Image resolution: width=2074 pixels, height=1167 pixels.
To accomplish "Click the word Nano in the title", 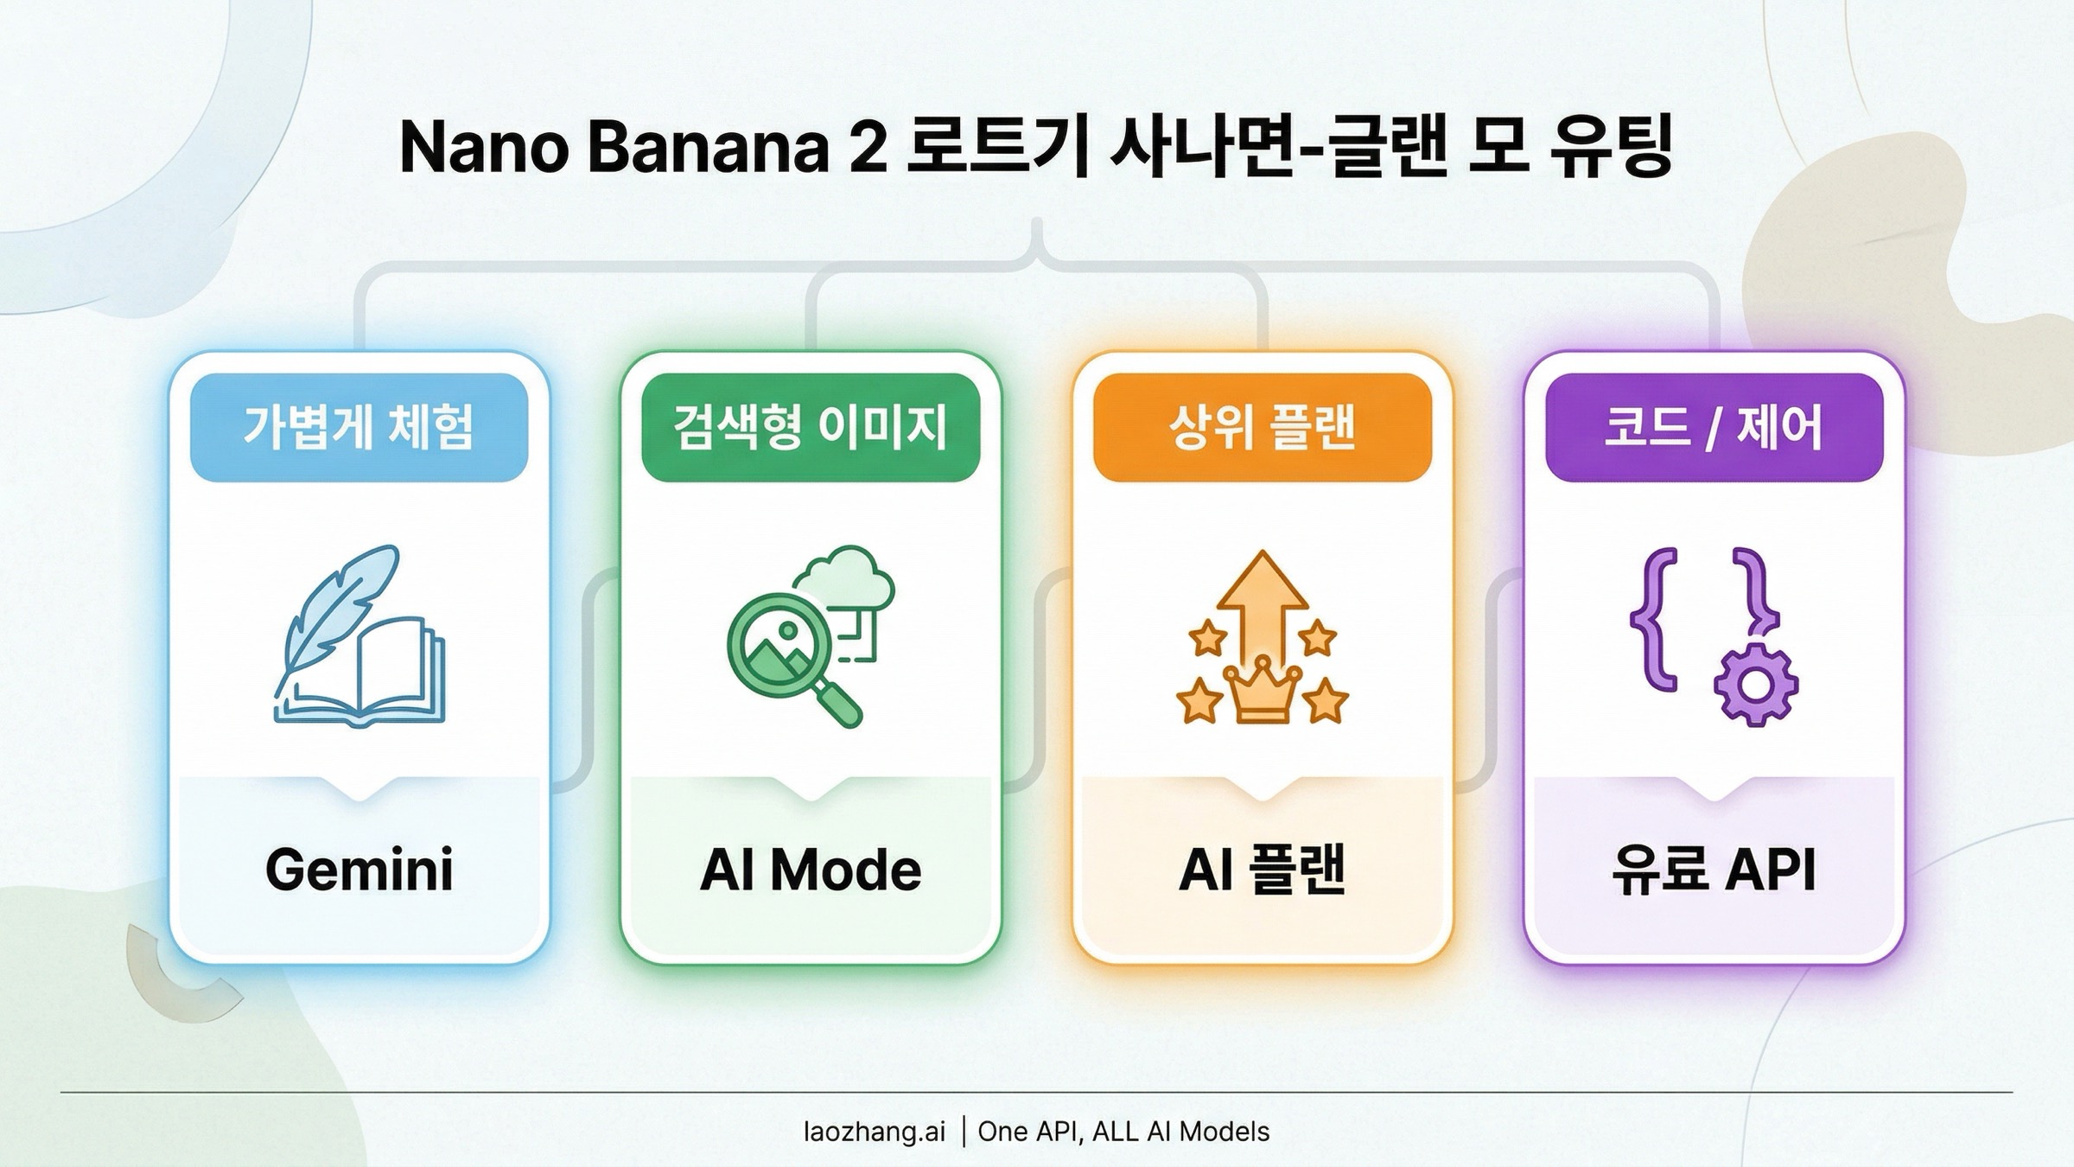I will coord(483,148).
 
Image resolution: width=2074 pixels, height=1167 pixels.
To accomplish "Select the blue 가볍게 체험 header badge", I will coord(359,427).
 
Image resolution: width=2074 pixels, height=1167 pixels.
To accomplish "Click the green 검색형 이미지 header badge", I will coord(811,427).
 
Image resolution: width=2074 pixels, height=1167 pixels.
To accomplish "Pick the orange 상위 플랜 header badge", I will coord(1262,427).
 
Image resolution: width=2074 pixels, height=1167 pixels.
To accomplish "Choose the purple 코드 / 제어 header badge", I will coord(1714,427).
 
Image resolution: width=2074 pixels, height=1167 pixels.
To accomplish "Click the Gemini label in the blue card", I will coord(359,870).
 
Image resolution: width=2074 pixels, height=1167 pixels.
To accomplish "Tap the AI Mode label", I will coord(811,870).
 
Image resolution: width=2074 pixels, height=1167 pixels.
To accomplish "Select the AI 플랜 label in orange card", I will coord(1262,870).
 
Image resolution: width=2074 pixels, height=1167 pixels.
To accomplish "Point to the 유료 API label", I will coord(1714,870).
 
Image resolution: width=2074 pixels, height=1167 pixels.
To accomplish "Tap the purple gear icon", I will coord(1755,685).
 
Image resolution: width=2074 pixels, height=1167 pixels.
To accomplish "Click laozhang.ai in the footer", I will coord(874,1132).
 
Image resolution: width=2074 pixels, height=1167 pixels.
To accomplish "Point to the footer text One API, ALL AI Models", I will coord(1123,1132).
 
